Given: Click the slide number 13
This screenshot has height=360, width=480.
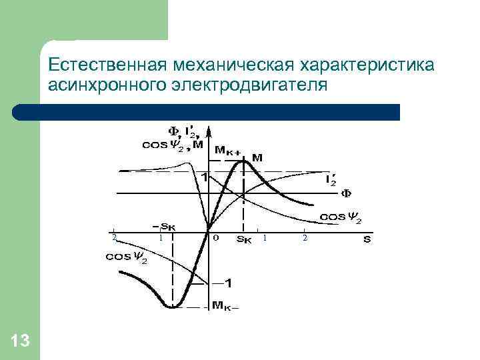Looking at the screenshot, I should [21, 341].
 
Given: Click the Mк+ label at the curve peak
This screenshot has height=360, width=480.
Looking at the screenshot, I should [227, 151].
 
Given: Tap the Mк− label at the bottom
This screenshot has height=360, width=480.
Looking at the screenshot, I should [225, 307].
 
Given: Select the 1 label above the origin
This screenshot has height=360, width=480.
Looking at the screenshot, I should [204, 178].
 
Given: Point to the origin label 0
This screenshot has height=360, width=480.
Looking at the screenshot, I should [215, 237].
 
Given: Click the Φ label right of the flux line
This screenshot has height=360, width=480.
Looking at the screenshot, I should [346, 194].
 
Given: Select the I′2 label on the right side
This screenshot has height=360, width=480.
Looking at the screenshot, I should [331, 179].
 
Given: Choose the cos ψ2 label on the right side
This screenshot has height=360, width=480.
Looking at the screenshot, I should [341, 217].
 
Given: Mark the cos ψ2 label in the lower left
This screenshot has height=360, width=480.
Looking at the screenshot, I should [127, 258].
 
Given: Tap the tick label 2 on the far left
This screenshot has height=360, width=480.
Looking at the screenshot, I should [114, 237].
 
